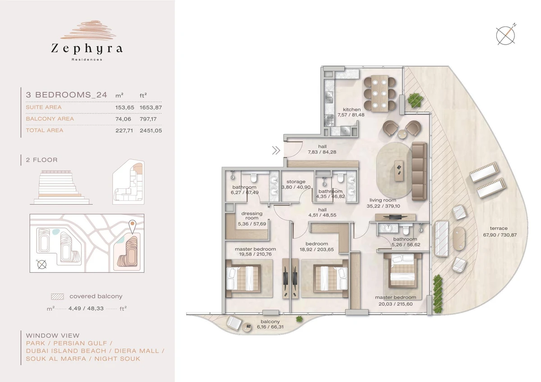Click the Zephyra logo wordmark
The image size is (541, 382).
(87, 49)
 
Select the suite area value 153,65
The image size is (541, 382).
(124, 107)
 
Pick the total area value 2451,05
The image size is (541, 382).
(151, 131)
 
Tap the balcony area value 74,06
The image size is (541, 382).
(123, 119)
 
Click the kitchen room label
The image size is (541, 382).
(352, 109)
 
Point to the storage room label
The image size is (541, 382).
(296, 182)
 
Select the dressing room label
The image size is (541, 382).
(252, 215)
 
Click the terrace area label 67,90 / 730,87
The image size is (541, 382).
(500, 235)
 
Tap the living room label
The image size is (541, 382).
(383, 200)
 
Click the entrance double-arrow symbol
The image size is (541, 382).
(276, 150)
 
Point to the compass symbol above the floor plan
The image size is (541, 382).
(505, 35)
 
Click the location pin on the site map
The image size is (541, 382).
(133, 226)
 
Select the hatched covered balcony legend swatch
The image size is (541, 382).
(58, 296)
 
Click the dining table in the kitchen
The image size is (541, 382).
(380, 93)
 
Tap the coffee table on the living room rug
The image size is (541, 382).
(399, 170)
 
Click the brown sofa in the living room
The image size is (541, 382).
(419, 171)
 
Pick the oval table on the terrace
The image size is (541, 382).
(458, 238)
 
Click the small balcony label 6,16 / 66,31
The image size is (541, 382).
(270, 327)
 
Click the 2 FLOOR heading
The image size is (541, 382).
(42, 160)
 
